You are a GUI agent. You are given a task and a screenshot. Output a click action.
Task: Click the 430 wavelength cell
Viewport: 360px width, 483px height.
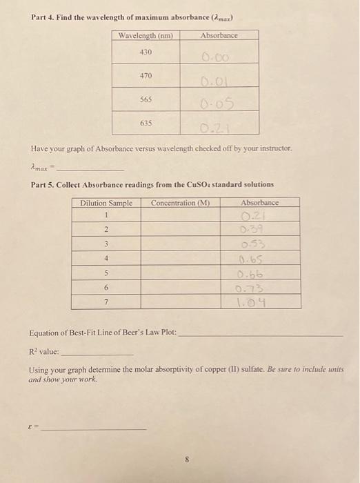pyautogui.click(x=146, y=52)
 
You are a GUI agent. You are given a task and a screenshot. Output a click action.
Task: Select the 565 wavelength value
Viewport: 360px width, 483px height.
pyautogui.click(x=146, y=99)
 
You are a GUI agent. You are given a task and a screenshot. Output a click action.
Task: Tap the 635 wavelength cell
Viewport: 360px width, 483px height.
pyautogui.click(x=146, y=123)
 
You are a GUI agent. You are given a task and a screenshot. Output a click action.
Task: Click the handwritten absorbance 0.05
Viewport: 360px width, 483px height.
pyautogui.click(x=219, y=104)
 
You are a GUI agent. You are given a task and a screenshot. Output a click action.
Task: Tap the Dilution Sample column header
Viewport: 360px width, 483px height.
pyautogui.click(x=106, y=203)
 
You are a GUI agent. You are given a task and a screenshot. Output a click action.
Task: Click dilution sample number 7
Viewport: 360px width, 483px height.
pyautogui.click(x=106, y=302)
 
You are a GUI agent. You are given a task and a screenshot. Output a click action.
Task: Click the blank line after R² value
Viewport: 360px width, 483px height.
pyautogui.click(x=103, y=353)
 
